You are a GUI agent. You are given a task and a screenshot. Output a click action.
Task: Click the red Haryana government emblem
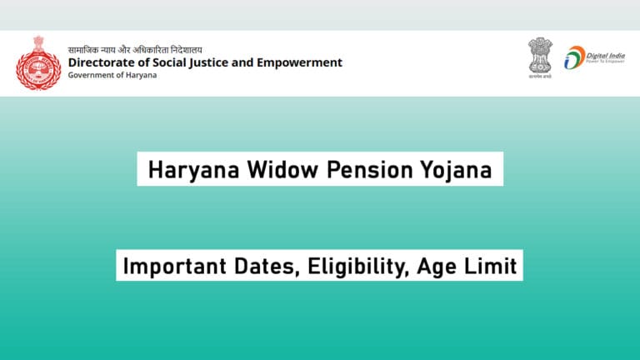pos(38,62)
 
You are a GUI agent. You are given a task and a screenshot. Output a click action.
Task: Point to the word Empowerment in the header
pos(300,62)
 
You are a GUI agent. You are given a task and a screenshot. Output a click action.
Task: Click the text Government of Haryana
pos(112,76)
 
